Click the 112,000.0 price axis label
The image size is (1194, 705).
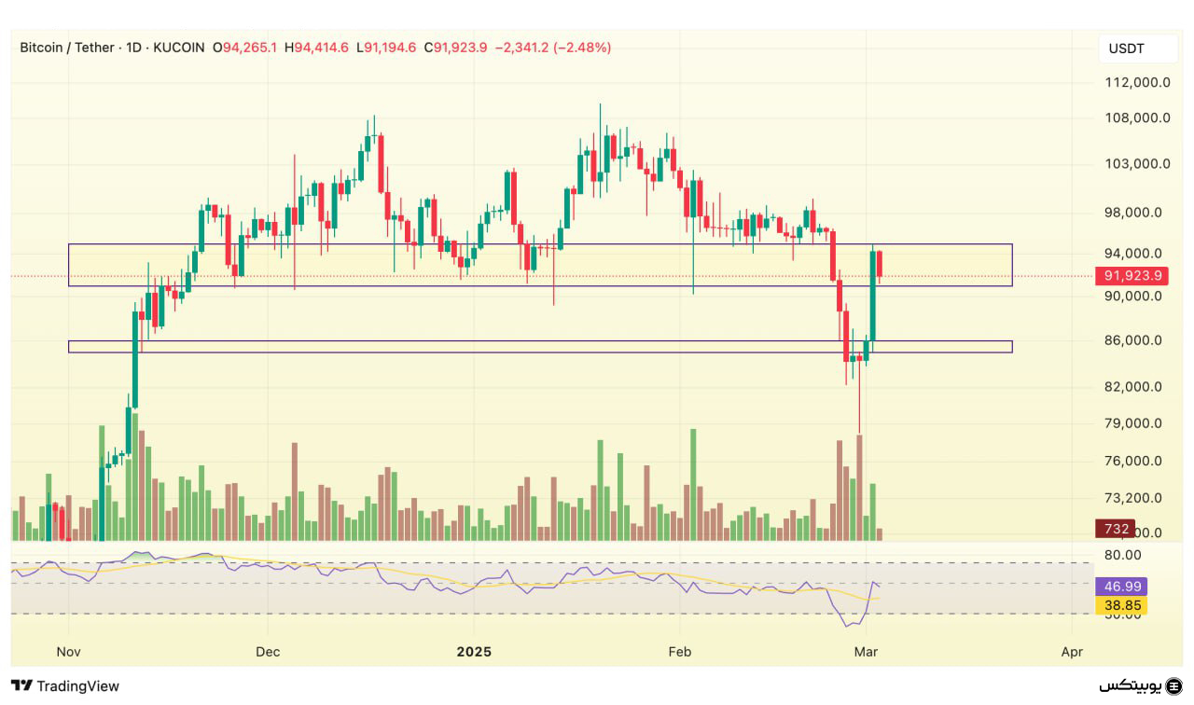tap(1132, 82)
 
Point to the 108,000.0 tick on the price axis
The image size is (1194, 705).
tap(1132, 117)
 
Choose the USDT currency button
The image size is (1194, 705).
tap(1126, 48)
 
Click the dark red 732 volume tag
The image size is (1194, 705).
tap(1116, 529)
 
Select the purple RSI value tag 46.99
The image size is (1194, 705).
tap(1123, 587)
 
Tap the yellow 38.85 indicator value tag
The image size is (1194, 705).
tap(1123, 605)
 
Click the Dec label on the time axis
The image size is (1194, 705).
tap(268, 651)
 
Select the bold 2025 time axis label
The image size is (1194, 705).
tap(473, 651)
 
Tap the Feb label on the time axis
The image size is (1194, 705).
tap(680, 651)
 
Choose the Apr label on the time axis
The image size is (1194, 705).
tap(1073, 651)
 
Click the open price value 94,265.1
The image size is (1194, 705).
tap(249, 48)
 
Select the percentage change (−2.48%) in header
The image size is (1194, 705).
tap(582, 48)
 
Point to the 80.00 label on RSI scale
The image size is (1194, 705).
tap(1123, 555)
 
